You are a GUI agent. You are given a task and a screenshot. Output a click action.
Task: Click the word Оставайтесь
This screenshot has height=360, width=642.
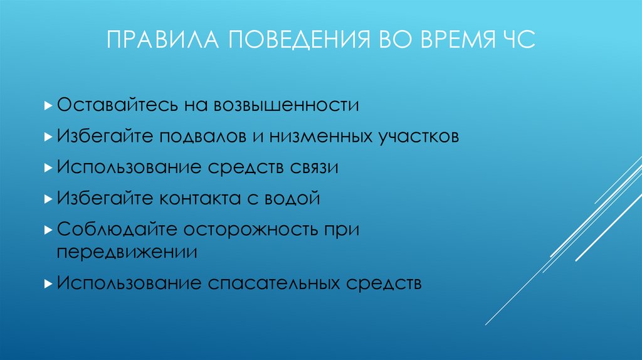(x=119, y=104)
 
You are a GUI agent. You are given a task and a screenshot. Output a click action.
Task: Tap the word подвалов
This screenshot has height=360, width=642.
(x=203, y=136)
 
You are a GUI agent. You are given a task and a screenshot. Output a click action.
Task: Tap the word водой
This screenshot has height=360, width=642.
(x=291, y=199)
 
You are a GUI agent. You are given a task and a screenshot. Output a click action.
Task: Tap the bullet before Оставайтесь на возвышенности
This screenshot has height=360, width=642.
(x=49, y=105)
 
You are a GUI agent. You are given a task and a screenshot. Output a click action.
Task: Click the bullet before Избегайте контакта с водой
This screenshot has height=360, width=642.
(x=49, y=199)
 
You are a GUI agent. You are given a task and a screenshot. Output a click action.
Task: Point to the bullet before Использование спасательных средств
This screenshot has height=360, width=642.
(x=49, y=283)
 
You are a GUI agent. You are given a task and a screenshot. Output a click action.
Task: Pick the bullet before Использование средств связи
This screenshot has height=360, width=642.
(x=49, y=168)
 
